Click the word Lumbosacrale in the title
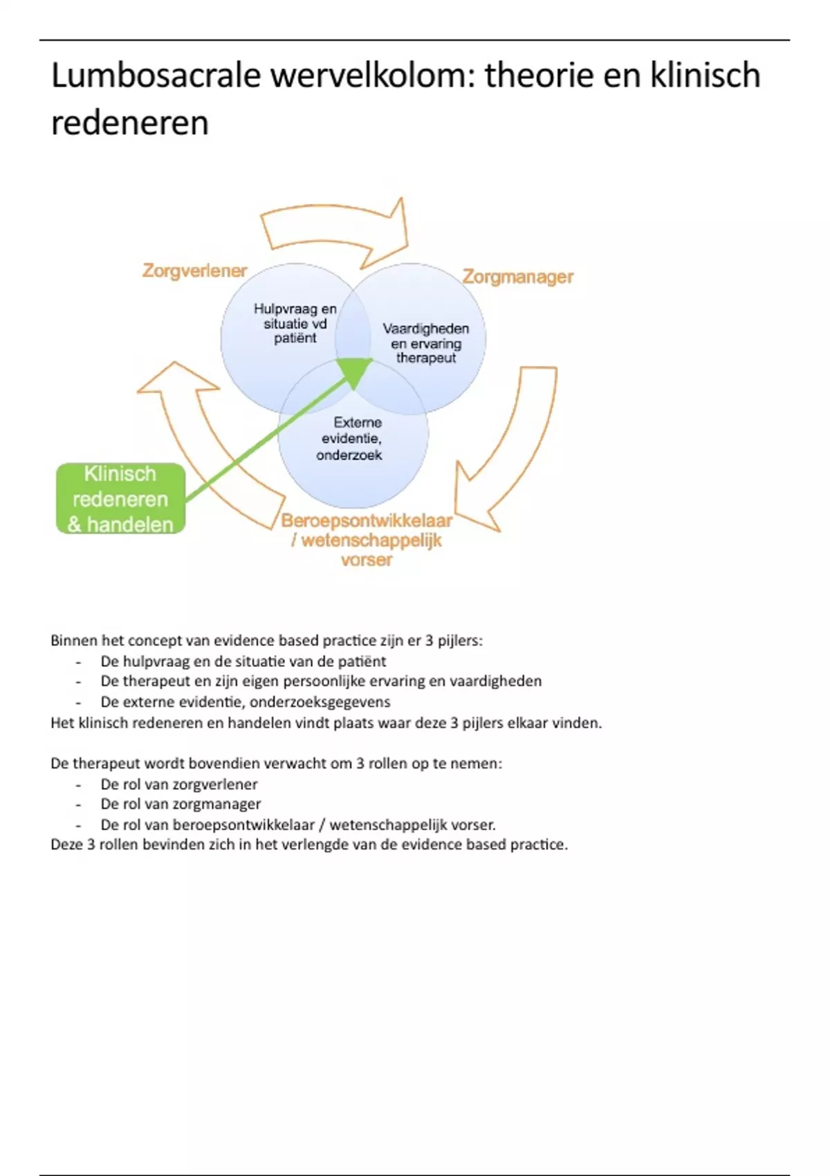[156, 76]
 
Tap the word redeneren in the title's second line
[130, 124]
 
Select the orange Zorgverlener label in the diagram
[194, 270]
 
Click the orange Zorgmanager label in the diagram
[517, 277]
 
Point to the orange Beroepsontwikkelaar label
[367, 521]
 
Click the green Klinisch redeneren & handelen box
[120, 499]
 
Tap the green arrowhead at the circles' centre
[354, 371]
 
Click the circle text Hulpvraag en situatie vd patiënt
[295, 324]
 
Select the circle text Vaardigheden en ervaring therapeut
[426, 343]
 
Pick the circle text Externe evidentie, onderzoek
[351, 439]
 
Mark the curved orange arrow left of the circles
[201, 443]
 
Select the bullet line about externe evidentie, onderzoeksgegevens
[246, 702]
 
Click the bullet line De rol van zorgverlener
[179, 784]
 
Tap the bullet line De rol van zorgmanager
[181, 805]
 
